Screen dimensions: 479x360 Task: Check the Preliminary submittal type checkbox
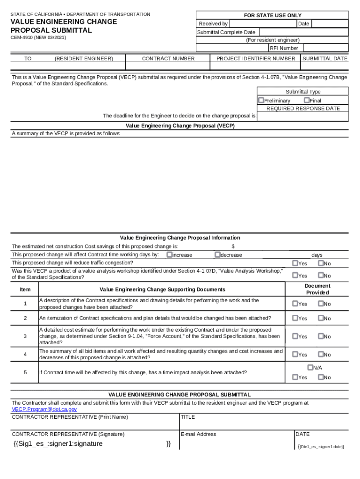coord(261,100)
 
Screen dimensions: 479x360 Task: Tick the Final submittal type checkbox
coord(307,100)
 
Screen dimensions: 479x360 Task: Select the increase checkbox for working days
coord(169,254)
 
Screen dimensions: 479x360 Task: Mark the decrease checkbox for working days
coord(217,254)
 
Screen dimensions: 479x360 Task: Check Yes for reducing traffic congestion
coord(295,263)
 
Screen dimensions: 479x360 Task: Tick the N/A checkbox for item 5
coord(310,368)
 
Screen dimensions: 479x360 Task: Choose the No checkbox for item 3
coord(321,336)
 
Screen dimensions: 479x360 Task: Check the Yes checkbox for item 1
coord(295,304)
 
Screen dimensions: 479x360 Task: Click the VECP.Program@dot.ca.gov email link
coord(44,409)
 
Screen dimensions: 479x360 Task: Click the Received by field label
coord(213,24)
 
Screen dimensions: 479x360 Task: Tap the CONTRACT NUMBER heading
coord(168,59)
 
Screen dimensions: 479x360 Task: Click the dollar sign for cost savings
coord(233,247)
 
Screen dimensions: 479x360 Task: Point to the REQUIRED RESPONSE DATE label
coord(303,109)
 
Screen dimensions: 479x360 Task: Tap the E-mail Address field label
coord(198,435)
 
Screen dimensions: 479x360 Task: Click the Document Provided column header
coord(317,289)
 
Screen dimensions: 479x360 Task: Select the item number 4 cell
coord(25,354)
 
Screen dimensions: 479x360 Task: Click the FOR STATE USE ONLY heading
coord(273,15)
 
